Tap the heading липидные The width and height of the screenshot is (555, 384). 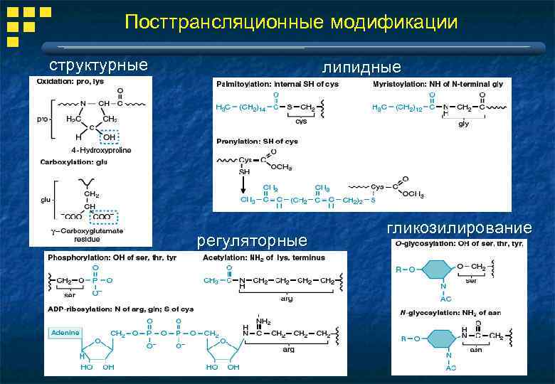(x=361, y=68)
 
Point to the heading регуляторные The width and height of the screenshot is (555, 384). (x=252, y=240)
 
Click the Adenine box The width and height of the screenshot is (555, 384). (x=64, y=332)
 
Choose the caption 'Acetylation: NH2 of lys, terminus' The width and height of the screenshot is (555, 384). (x=265, y=256)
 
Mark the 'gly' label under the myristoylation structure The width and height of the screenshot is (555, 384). (x=463, y=123)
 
